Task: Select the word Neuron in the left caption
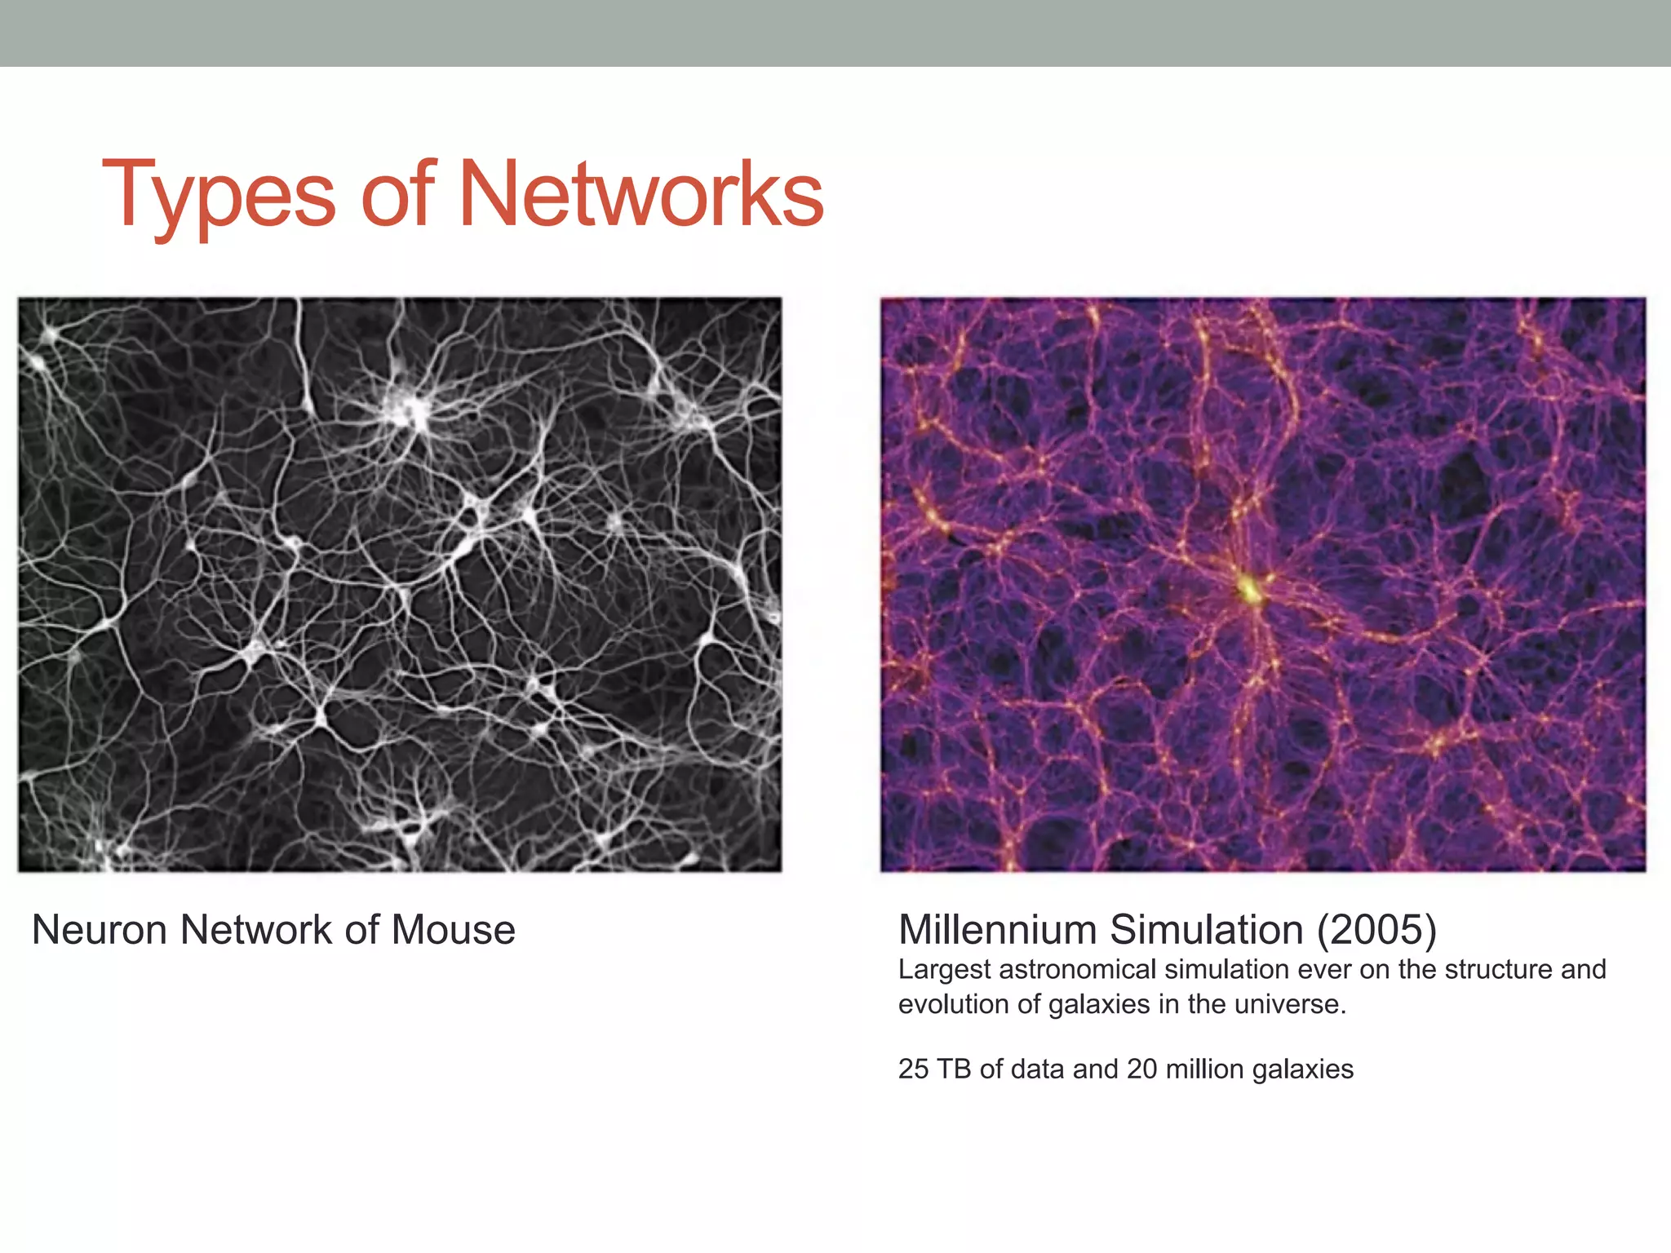coord(100,930)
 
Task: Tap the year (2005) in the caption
coord(1376,930)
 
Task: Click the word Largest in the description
coord(944,970)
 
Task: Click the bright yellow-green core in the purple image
coord(1248,589)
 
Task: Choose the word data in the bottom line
coord(1038,1069)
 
